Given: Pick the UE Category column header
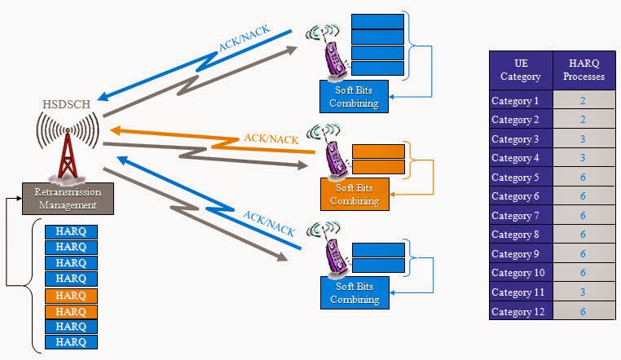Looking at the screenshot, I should [x=519, y=71].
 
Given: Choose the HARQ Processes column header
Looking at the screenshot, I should [x=584, y=71].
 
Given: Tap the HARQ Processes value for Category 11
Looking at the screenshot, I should [x=584, y=292].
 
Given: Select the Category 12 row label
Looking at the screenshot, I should [x=519, y=311].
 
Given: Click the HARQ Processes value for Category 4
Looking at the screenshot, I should [x=584, y=158].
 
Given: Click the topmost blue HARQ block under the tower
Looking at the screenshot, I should [x=71, y=231].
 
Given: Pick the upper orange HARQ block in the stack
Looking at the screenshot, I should [x=71, y=296].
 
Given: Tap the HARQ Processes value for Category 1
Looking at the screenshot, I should [x=584, y=101].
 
